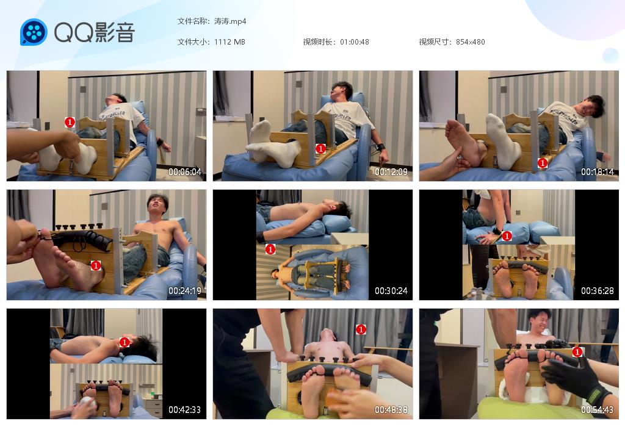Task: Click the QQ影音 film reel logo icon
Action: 34,32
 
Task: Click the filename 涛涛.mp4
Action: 230,21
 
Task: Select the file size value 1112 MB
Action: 229,42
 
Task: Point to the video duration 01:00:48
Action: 355,42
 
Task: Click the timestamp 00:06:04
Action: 185,171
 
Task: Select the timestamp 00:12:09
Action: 391,171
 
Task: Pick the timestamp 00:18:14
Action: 598,171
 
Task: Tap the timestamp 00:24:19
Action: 185,291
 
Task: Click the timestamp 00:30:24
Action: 391,291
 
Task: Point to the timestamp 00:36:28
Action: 598,291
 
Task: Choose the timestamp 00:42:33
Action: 185,409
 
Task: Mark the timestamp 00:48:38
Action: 391,409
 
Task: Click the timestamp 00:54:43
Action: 598,409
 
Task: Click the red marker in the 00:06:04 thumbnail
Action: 70,122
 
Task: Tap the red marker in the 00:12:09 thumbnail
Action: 320,149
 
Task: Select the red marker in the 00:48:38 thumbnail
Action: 361,329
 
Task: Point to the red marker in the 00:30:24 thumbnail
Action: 270,249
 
